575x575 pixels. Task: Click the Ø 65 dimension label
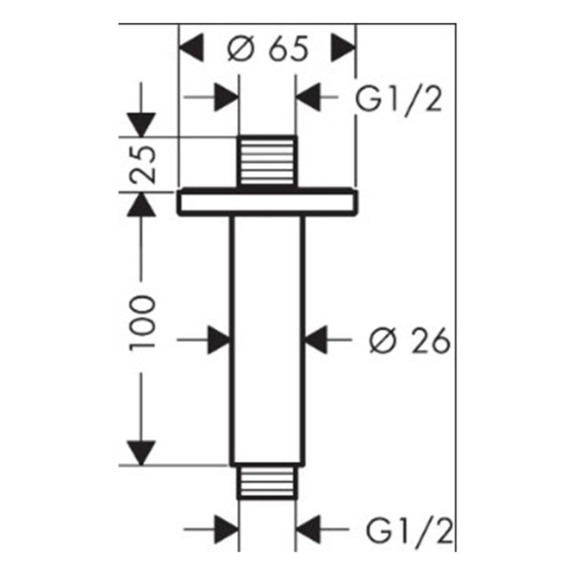[x=267, y=49]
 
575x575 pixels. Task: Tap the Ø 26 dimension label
[x=409, y=341]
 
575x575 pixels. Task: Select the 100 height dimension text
[x=143, y=321]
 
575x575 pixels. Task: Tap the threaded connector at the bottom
[x=267, y=482]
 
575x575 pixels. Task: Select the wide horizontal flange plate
[x=267, y=203]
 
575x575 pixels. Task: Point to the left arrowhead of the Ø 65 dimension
[x=192, y=49]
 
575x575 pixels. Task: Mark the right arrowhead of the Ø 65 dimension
[x=343, y=49]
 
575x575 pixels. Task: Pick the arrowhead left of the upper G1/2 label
[x=309, y=98]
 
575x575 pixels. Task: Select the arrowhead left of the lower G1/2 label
[x=309, y=532]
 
